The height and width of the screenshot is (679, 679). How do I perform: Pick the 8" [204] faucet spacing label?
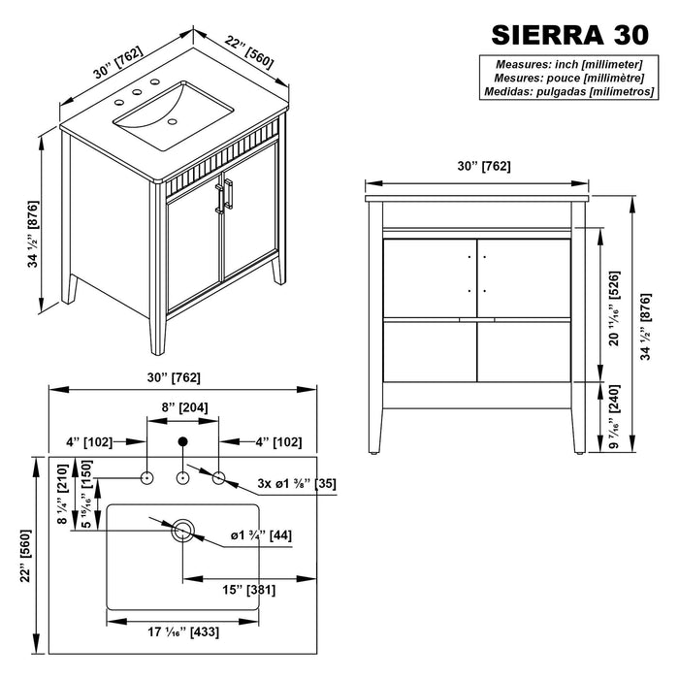click(x=182, y=408)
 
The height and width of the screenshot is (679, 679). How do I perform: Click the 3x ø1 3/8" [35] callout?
click(x=296, y=482)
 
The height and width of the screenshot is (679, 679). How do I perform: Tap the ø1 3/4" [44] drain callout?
click(x=261, y=535)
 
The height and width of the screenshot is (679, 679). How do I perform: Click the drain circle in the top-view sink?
click(x=182, y=531)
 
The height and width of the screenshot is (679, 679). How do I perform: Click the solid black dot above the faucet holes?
click(x=182, y=444)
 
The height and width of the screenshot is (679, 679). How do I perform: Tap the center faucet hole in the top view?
click(x=182, y=477)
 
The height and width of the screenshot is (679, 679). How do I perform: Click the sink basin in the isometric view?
click(x=160, y=112)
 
